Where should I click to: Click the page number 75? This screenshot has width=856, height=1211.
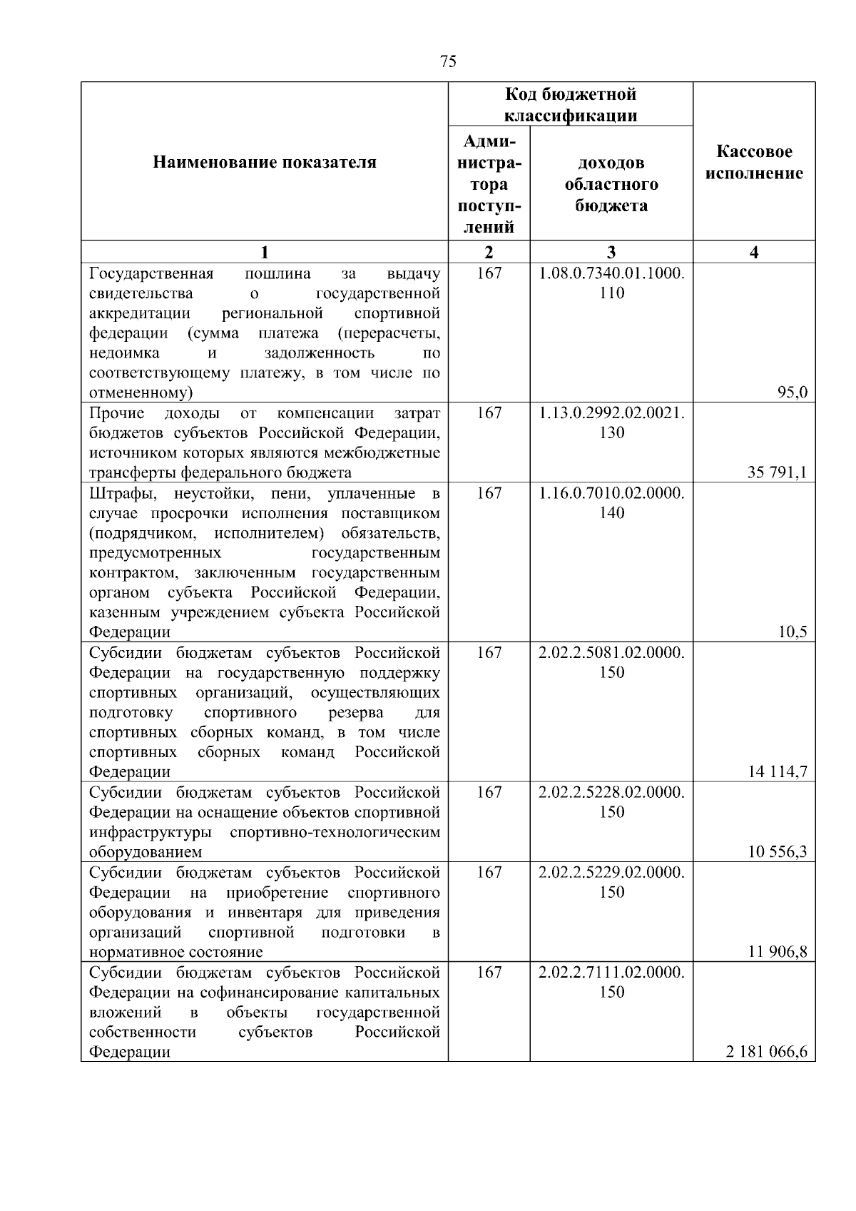click(448, 61)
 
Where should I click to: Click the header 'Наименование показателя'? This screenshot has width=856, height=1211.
click(264, 163)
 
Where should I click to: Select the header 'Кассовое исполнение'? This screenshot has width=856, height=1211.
click(754, 163)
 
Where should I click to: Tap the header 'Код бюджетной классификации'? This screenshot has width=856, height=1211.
click(570, 105)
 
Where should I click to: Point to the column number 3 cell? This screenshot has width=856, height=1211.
click(611, 252)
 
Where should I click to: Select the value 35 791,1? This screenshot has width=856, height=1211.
click(777, 472)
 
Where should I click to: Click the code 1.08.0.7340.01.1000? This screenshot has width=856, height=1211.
click(611, 274)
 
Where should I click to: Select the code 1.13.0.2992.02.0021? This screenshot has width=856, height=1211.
click(611, 413)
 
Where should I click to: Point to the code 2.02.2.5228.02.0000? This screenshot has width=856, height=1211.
click(611, 793)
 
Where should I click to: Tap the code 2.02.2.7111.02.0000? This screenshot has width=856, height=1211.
click(611, 973)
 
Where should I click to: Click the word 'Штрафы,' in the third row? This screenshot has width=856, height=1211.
click(117, 494)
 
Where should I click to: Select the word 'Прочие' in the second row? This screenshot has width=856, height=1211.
click(116, 413)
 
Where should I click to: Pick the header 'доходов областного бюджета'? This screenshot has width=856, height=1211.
click(611, 184)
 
